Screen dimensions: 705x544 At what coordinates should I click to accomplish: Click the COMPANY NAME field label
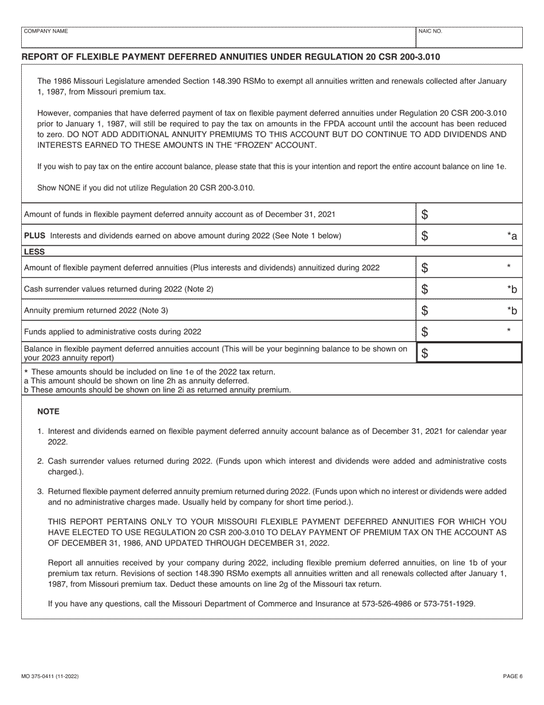(45, 32)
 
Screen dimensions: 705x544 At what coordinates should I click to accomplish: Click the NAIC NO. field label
(430, 32)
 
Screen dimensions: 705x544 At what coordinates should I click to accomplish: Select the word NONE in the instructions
(69, 188)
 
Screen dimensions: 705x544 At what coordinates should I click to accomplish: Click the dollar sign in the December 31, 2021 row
(424, 215)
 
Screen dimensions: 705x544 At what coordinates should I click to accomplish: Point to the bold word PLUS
(34, 236)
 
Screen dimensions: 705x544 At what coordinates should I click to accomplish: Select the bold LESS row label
(34, 251)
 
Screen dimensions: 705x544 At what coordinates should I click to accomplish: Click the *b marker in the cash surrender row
(512, 289)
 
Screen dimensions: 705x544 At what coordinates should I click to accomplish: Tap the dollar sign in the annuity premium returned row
(424, 311)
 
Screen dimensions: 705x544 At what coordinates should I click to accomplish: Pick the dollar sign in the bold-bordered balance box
(424, 353)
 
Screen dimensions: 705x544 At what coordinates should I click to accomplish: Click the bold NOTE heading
(48, 412)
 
